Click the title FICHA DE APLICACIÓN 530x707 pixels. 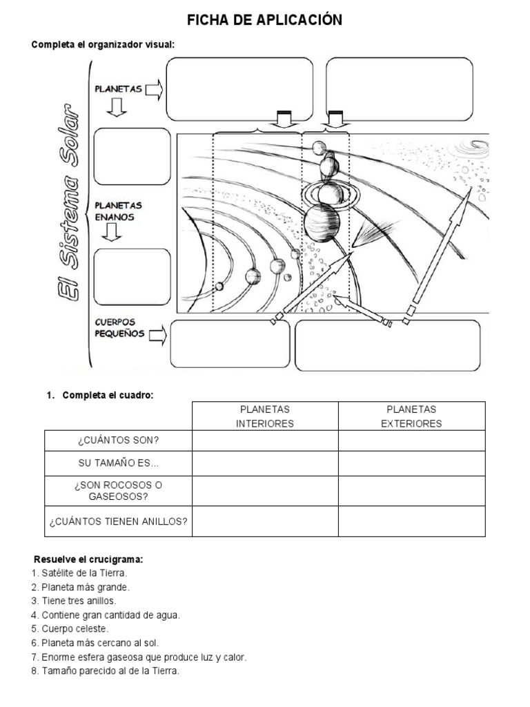[x=264, y=21]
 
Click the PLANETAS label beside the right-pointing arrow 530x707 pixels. [x=118, y=89]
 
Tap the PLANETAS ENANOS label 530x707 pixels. [x=118, y=211]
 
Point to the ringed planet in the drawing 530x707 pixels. [x=328, y=193]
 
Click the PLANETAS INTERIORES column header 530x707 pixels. [x=265, y=416]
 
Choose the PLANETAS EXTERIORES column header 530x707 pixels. [x=411, y=416]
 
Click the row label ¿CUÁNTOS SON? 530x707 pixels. [x=118, y=440]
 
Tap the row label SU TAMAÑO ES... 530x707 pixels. [x=118, y=463]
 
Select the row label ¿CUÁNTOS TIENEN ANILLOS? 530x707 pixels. [x=118, y=521]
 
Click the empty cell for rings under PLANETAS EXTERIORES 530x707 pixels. [x=411, y=521]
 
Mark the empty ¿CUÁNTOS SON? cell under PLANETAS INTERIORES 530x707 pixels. [x=265, y=440]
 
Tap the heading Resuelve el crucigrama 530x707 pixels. [x=88, y=559]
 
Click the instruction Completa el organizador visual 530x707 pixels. [x=103, y=45]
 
